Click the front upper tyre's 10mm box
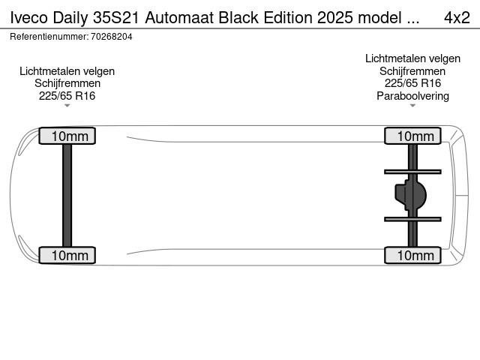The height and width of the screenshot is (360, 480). pos(67,136)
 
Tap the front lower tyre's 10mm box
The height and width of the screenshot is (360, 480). pos(67,256)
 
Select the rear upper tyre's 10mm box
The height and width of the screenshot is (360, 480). pos(412,136)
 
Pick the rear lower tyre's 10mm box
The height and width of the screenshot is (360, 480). pos(412,256)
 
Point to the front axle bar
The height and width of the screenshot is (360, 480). pos(67,196)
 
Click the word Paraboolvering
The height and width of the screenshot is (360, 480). pos(412,96)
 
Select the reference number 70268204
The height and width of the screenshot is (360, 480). pos(111,36)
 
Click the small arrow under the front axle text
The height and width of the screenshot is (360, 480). pos(67,106)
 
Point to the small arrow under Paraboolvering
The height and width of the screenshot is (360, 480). pos(412,106)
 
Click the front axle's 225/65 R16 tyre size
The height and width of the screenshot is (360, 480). pos(67,95)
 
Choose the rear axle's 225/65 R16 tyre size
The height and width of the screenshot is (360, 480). pos(412,83)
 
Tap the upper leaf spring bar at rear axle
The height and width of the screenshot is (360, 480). pos(412,171)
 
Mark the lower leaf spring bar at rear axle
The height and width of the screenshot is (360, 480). pos(412,218)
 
